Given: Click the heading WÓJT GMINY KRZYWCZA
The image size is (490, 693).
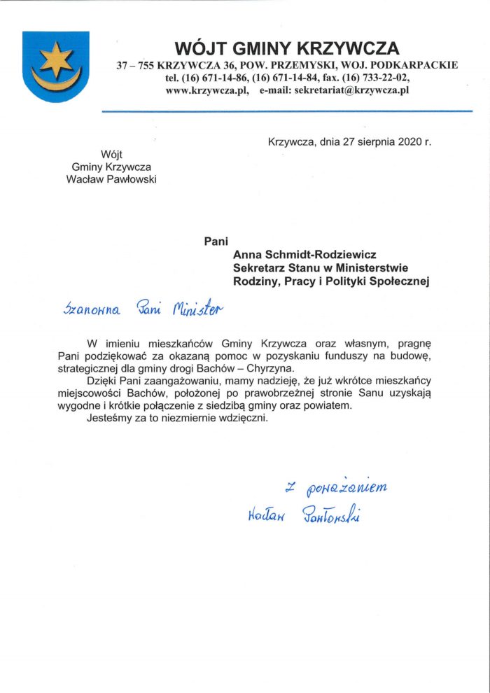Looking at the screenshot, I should [287, 48].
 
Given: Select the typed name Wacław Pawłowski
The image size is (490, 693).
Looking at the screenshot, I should [111, 179].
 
